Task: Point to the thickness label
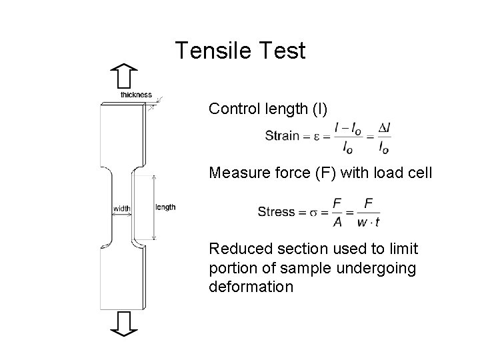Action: [x=136, y=95]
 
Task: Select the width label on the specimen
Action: [x=121, y=209]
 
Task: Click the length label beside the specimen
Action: [x=165, y=207]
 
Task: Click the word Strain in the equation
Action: [x=282, y=136]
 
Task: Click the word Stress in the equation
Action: [x=276, y=212]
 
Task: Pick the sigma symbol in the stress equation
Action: [x=311, y=212]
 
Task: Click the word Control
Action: [x=230, y=108]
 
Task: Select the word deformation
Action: [x=251, y=287]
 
